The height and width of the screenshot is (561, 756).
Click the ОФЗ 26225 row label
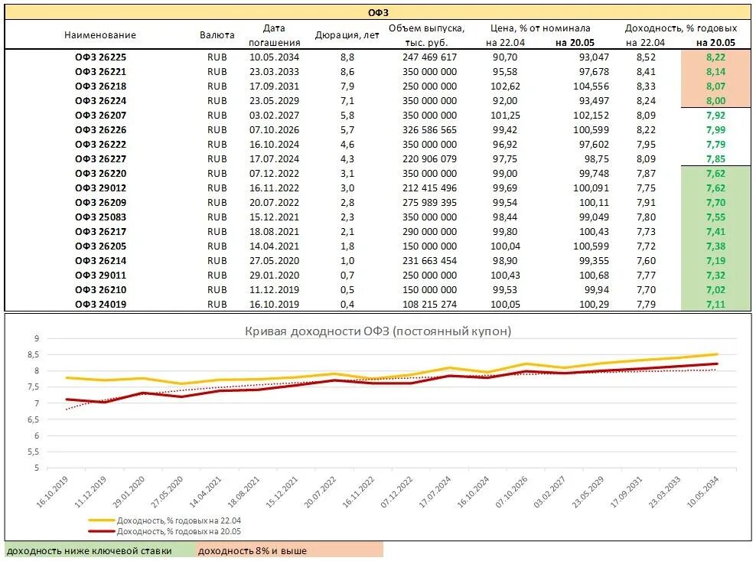[x=100, y=57]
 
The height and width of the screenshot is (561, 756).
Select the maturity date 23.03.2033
[x=274, y=71]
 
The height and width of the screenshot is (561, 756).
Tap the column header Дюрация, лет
[x=347, y=34]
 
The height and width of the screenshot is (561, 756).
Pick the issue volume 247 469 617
[x=429, y=57]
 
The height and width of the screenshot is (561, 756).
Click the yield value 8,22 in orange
[x=715, y=57]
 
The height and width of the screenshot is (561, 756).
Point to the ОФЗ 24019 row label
[x=100, y=305]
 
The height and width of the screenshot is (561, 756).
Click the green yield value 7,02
[x=715, y=290]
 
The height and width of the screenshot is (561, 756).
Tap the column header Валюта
[x=217, y=34]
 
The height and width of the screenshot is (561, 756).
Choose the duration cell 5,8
[x=347, y=116]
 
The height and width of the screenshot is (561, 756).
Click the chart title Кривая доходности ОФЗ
[x=378, y=331]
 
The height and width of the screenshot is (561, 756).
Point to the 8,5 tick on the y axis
[x=33, y=354]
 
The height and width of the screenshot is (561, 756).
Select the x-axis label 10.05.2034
[x=703, y=491]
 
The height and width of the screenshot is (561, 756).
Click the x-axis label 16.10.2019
[x=52, y=491]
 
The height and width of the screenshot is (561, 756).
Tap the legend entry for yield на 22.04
[x=165, y=520]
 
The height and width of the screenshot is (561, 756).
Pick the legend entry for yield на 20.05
[x=165, y=531]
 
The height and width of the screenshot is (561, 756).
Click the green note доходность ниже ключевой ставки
[x=90, y=551]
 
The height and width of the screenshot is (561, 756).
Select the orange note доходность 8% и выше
[x=253, y=551]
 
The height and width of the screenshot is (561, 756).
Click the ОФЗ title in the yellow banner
[x=378, y=12]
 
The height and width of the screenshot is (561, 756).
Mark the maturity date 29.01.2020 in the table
[x=274, y=276]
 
